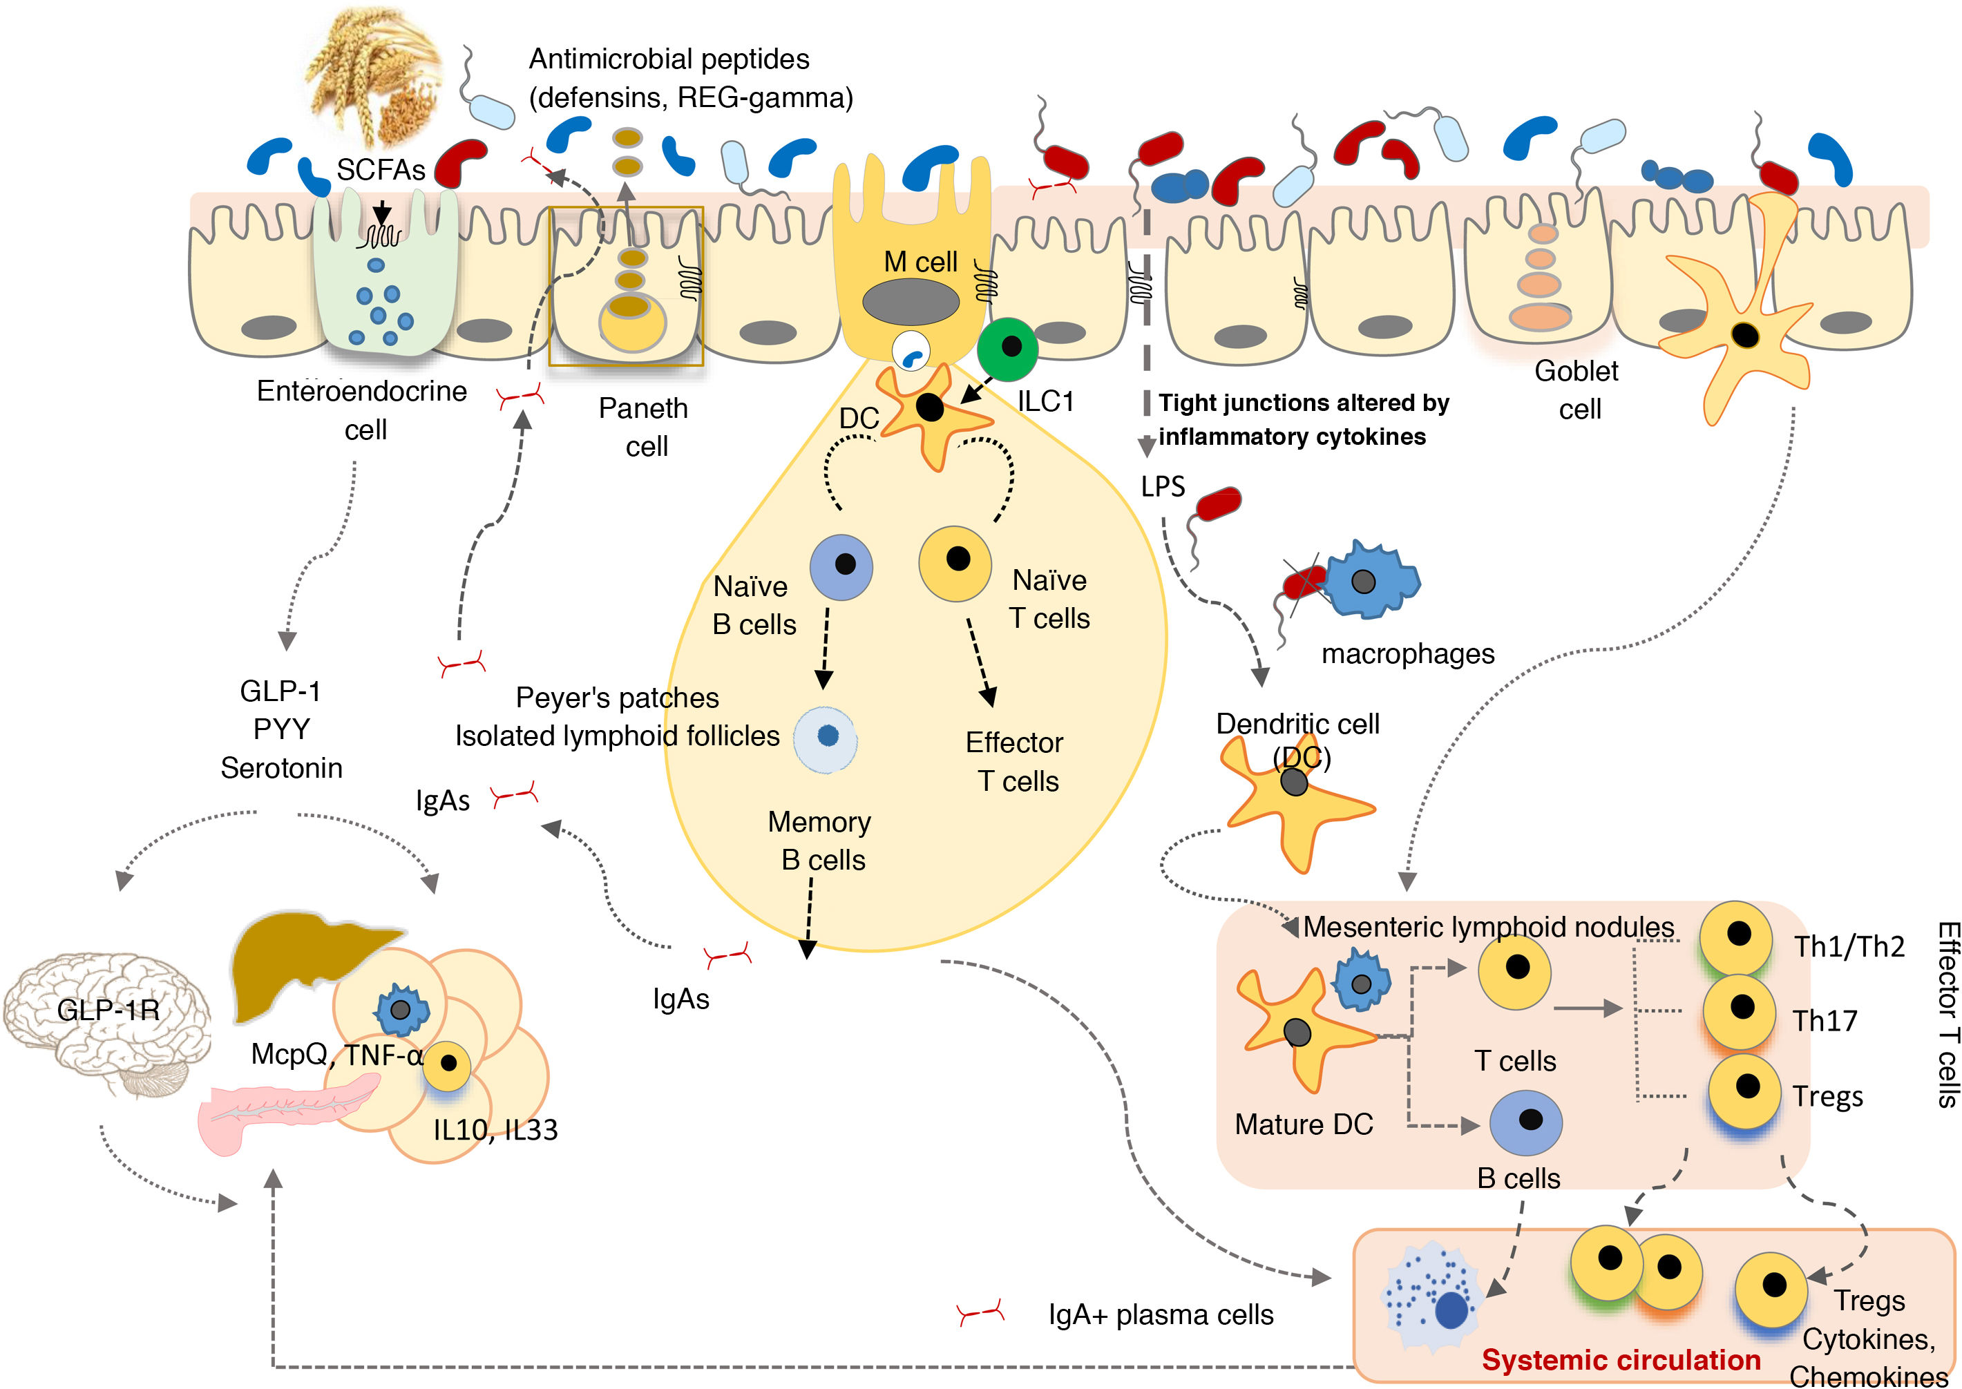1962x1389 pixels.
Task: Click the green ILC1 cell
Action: [1007, 348]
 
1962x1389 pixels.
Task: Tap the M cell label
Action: [920, 262]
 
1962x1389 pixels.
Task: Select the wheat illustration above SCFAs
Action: [377, 77]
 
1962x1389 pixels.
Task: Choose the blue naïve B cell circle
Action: [841, 567]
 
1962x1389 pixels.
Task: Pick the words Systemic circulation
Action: [1621, 1359]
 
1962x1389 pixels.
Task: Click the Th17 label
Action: [1825, 1020]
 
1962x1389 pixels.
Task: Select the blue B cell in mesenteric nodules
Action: [1526, 1122]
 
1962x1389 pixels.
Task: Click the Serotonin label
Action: [281, 767]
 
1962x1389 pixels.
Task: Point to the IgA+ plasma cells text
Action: [1161, 1314]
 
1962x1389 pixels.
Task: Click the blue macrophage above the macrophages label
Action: [1369, 581]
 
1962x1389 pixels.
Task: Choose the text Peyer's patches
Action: [617, 698]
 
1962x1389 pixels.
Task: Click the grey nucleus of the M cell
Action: [911, 302]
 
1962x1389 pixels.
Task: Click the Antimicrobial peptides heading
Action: [669, 59]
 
